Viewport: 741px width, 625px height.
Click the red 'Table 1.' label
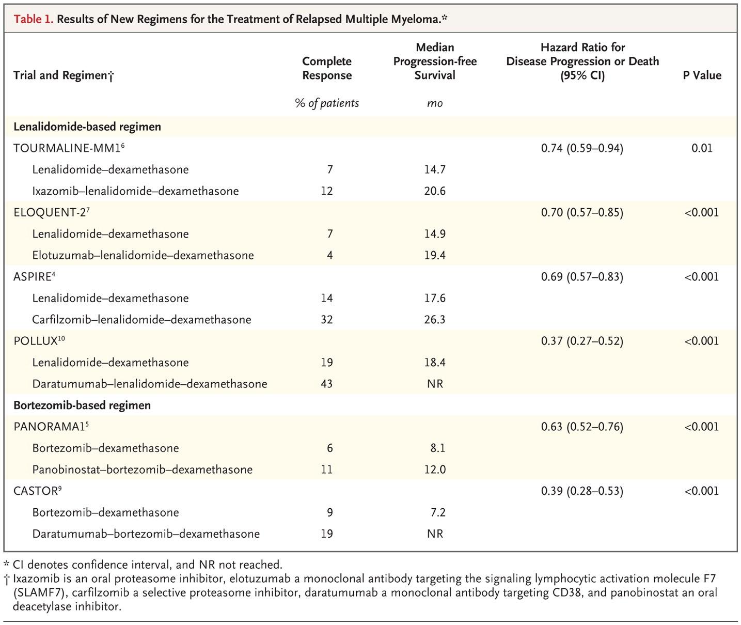[34, 19]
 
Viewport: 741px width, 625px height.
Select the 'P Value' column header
[702, 75]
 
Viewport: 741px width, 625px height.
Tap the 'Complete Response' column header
[327, 68]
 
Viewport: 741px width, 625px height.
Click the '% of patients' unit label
[327, 103]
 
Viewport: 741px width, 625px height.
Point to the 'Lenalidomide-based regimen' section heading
[87, 127]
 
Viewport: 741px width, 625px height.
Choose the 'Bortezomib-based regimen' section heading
[82, 405]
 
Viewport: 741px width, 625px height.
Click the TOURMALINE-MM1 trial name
[69, 148]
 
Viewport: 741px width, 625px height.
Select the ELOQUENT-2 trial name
[52, 212]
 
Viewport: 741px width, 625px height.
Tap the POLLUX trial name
[39, 340]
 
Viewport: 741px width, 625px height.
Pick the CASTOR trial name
[38, 491]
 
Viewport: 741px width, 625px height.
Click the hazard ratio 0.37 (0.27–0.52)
[582, 341]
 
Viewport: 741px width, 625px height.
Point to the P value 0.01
[702, 148]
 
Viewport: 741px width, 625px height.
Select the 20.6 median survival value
[435, 191]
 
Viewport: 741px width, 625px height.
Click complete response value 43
[326, 384]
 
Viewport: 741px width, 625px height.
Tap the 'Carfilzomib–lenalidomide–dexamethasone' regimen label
[141, 320]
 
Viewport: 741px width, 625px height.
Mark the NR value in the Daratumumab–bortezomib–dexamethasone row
[435, 534]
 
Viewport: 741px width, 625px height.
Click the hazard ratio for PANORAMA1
[582, 427]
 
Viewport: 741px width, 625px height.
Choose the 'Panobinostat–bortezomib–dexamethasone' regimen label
[143, 470]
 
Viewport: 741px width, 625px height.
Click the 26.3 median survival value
[435, 320]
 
